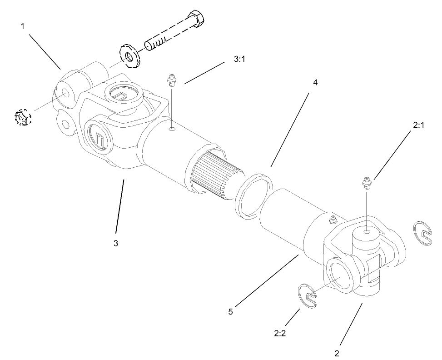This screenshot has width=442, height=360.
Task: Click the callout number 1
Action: coord(22,26)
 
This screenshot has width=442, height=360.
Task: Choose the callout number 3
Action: coord(116,243)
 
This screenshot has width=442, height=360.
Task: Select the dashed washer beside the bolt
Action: coord(130,55)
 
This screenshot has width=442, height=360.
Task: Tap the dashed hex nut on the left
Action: coord(21,118)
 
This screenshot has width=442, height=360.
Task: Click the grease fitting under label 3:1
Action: coord(172,80)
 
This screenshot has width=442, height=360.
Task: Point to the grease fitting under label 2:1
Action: coord(367,183)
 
